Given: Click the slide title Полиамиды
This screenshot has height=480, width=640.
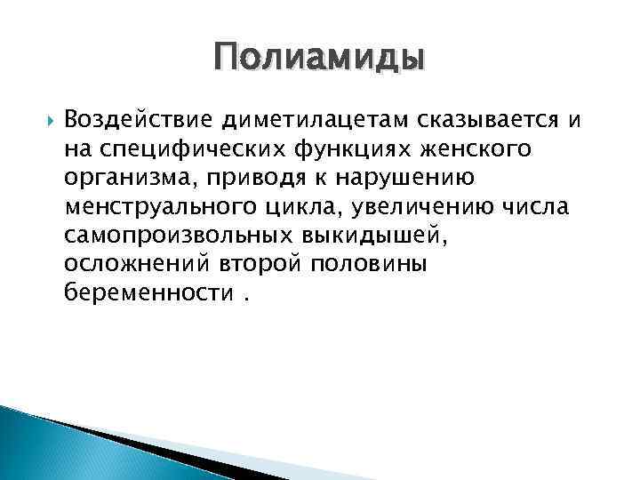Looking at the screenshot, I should [x=319, y=59].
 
